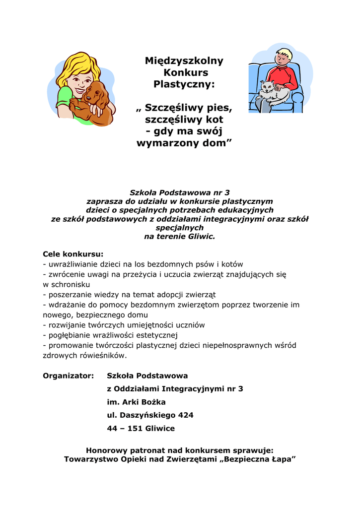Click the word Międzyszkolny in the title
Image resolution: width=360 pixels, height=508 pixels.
(184, 61)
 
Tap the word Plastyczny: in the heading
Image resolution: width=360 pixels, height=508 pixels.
(184, 84)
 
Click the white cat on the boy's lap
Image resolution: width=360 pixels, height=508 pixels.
(271, 92)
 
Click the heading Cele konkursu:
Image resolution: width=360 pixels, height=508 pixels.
(73, 254)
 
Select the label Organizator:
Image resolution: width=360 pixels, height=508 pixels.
(68, 376)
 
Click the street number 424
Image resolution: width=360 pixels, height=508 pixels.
(185, 415)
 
